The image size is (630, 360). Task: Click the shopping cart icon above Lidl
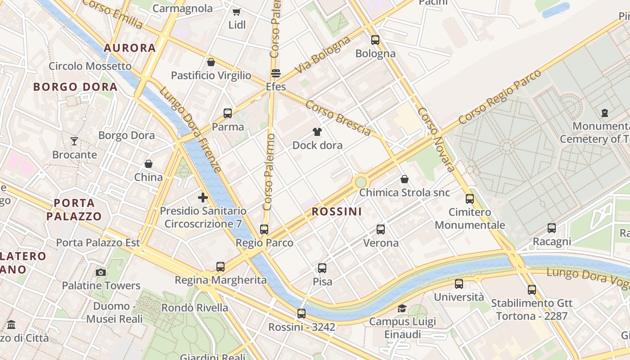point(236,12)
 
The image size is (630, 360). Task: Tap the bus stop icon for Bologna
point(375,40)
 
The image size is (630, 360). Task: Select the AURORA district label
point(130,48)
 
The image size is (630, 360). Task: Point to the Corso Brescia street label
point(338,117)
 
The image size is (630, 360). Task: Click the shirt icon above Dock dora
point(317,132)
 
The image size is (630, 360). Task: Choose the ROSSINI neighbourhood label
point(337,211)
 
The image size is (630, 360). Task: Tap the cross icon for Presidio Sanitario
point(203,198)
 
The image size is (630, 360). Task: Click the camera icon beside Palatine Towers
point(101,272)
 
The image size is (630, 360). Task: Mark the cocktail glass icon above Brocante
point(74,141)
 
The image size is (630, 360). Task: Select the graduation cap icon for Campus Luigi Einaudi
point(402,308)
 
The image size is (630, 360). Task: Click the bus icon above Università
point(459,284)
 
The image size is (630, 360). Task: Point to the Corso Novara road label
point(436,139)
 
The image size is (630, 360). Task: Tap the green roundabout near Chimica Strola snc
point(360,182)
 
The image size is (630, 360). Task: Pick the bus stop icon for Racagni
point(552,228)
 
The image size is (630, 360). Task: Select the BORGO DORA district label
point(75,87)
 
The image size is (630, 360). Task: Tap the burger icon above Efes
point(276,73)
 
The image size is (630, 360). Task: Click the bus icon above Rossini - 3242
point(301,314)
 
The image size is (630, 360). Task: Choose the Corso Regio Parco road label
point(499,97)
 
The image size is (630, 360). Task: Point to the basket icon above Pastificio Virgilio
point(211,62)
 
